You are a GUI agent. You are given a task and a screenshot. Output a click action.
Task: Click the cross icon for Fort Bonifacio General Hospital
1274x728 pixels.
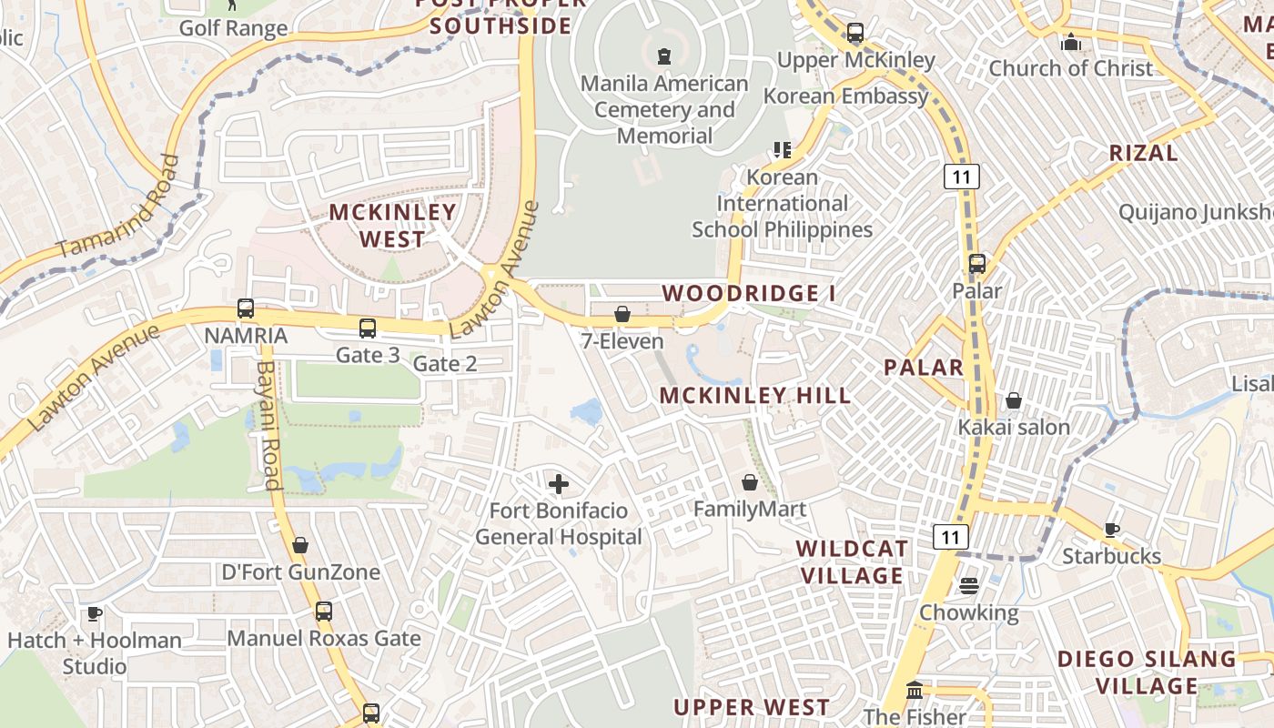coord(559,483)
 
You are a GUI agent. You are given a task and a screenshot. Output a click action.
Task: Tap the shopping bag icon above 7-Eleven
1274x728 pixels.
coord(622,314)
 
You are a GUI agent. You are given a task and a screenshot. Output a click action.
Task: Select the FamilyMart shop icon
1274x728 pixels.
coord(750,481)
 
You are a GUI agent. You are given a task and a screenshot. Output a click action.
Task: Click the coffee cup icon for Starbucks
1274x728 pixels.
coord(1111,530)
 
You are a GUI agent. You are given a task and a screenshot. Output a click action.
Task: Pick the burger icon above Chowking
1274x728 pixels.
coord(968,585)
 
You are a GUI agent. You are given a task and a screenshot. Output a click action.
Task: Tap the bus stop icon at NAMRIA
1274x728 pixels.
coord(245,308)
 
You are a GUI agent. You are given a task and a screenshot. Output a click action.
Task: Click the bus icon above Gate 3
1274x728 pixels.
coord(368,329)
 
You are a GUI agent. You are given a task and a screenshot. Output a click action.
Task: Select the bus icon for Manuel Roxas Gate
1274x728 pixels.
coord(324,612)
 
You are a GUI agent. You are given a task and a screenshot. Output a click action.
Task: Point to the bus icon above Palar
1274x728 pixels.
coord(976,264)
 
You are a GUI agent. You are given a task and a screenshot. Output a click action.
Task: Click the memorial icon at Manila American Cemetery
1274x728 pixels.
coord(663,56)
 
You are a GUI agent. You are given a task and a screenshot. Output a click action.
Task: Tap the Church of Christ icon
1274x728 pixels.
coord(1071,42)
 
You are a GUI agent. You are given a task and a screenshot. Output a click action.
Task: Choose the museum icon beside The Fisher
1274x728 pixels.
coord(915,691)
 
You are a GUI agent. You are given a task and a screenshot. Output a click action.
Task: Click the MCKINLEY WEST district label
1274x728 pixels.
coord(392,226)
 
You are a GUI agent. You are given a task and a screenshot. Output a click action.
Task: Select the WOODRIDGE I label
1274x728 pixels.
coord(748,293)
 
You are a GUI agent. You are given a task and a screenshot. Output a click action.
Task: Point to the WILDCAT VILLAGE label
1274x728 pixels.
coord(851,561)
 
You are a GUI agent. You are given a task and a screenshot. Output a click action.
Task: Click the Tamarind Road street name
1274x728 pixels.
coord(118,207)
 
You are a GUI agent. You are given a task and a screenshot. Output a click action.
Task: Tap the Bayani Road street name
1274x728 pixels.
coord(268,425)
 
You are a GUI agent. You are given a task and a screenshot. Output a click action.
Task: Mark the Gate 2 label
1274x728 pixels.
coord(445,364)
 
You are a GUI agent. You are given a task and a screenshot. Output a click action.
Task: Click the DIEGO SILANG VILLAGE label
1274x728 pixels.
coord(1147,672)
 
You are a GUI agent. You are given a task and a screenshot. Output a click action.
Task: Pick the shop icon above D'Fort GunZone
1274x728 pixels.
coord(300,545)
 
